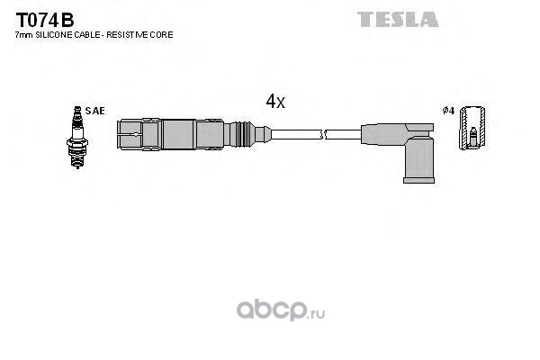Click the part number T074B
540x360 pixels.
coord(45,21)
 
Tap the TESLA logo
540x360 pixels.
coord(398,19)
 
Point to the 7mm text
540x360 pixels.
coord(24,35)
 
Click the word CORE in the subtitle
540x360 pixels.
coord(163,35)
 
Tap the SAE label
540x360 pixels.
coord(94,111)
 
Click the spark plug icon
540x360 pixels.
coord(77,137)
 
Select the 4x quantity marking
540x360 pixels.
coord(275,102)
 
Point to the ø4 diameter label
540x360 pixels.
coord(448,111)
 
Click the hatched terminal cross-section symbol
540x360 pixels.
coord(472,128)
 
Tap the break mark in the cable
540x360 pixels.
coord(323,134)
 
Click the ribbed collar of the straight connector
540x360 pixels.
coord(242,134)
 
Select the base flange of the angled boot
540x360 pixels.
coord(418,180)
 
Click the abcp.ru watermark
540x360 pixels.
coord(281,310)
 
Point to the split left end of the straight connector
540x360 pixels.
coord(130,134)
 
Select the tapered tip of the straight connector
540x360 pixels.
coord(263,134)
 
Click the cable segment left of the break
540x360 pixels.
coord(296,134)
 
